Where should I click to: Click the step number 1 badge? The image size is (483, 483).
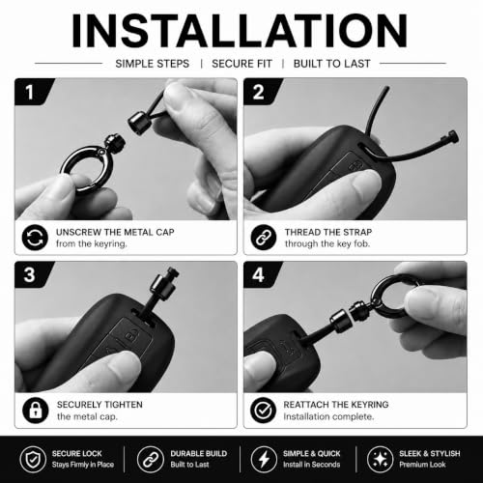(x=31, y=92)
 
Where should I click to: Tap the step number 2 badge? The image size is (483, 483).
(x=259, y=92)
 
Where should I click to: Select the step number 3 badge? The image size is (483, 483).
(x=30, y=274)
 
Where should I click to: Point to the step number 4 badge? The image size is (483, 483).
(x=259, y=274)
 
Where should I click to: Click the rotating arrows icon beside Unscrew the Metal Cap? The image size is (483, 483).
(x=35, y=238)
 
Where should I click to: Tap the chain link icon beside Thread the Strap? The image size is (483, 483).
(x=264, y=238)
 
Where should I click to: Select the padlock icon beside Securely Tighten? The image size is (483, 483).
(x=36, y=411)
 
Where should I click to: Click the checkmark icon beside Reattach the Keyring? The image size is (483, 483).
(x=263, y=411)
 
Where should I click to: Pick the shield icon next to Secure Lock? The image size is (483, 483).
(x=33, y=459)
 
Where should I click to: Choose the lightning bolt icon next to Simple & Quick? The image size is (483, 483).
(x=264, y=459)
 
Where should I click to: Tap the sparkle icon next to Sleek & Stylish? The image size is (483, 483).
(x=380, y=459)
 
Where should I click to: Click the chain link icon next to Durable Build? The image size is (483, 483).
(x=150, y=459)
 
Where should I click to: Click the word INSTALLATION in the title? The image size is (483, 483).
(x=240, y=31)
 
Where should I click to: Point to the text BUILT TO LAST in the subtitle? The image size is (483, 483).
(x=331, y=64)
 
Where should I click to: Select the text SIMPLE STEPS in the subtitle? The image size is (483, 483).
(x=153, y=64)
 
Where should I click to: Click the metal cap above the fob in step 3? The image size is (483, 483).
(x=163, y=286)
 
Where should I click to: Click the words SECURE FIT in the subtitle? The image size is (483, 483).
(x=241, y=64)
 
